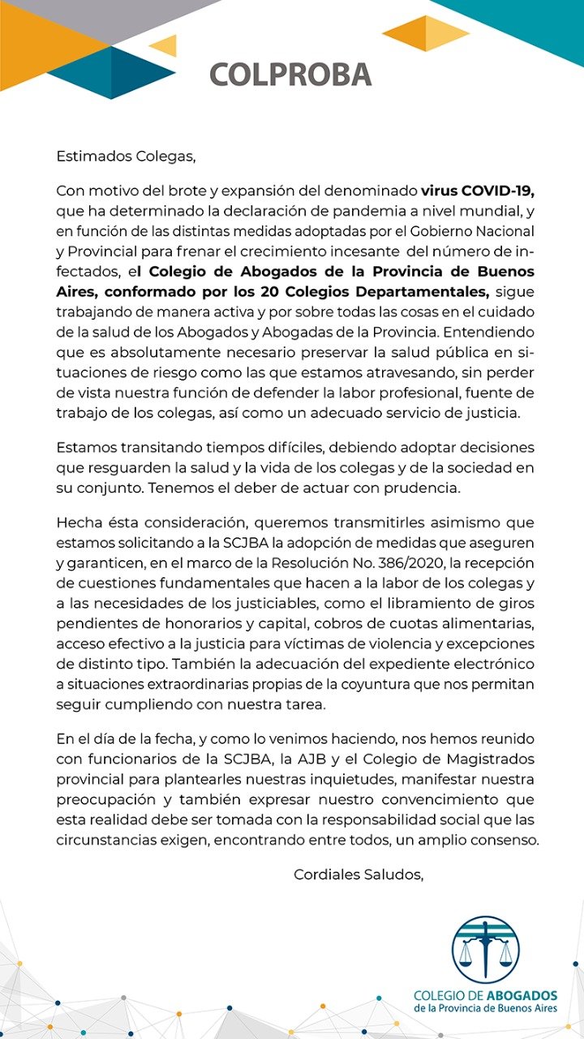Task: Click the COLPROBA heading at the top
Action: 290,74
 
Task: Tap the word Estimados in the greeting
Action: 90,154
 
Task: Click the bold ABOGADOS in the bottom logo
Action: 522,995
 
